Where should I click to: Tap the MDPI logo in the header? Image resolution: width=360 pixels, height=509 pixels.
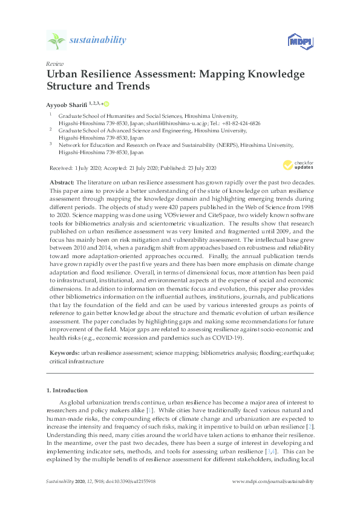click(x=299, y=41)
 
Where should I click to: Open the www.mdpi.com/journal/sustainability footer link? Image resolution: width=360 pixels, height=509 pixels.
click(x=273, y=481)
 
